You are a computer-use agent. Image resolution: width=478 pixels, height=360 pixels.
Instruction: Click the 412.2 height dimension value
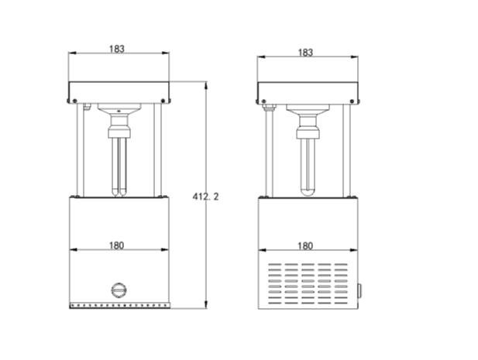(206, 197)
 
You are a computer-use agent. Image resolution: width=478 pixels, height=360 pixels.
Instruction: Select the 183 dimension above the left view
(117, 48)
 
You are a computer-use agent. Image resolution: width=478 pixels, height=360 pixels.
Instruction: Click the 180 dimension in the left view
(117, 245)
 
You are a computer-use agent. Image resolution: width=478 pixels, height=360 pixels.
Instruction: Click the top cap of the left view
(119, 91)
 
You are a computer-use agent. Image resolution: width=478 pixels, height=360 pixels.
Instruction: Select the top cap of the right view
(308, 91)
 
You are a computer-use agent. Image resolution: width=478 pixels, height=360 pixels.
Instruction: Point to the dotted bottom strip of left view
(119, 305)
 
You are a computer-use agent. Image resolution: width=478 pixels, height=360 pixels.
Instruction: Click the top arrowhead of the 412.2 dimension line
(207, 84)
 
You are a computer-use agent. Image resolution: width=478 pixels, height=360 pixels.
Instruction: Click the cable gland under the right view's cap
(269, 108)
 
